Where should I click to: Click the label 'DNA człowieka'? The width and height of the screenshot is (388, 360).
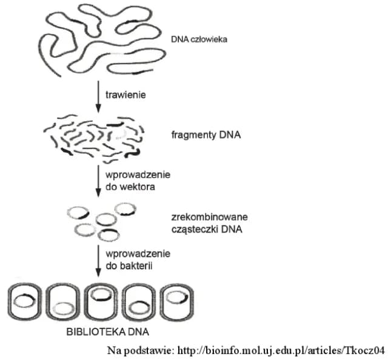click(199, 40)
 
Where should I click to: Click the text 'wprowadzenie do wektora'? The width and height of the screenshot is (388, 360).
click(138, 181)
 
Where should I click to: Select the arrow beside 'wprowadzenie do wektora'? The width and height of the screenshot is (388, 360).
click(98, 181)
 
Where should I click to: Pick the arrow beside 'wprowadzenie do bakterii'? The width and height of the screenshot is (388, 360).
click(98, 259)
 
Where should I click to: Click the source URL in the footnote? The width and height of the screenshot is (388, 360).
click(281, 350)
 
